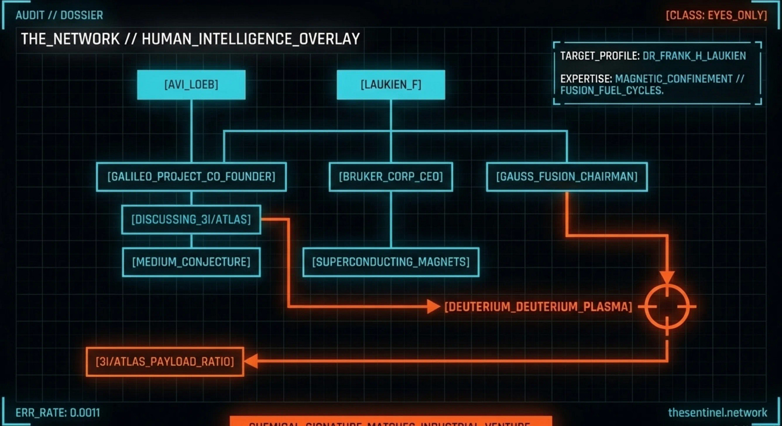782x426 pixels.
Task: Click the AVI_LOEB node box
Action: tap(191, 84)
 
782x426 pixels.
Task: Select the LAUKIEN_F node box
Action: tap(390, 84)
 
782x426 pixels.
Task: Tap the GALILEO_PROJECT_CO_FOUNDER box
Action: tap(191, 177)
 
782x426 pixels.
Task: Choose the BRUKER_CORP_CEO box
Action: tap(390, 177)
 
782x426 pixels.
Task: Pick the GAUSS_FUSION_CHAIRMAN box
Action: tap(567, 177)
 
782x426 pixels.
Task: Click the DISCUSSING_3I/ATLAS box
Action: tap(191, 219)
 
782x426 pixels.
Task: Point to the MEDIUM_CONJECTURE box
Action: tap(191, 262)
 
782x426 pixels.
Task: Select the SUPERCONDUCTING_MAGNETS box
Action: tap(390, 262)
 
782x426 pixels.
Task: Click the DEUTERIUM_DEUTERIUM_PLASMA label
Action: tap(538, 307)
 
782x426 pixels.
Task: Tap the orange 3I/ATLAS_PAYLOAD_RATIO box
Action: tap(164, 362)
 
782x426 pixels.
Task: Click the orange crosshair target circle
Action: tap(667, 307)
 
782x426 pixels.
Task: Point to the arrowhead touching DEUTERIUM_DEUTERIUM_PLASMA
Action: tap(434, 307)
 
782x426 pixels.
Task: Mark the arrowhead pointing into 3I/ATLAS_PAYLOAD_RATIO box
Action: tap(250, 362)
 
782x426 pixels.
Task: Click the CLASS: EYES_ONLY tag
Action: tap(716, 15)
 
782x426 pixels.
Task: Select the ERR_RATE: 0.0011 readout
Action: tap(57, 413)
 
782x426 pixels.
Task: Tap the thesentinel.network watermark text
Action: tap(718, 413)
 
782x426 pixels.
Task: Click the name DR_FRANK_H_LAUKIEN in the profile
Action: tap(694, 56)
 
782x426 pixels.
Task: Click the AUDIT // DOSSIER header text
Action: tap(59, 15)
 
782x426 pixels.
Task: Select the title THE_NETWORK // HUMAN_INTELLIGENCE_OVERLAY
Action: tap(190, 39)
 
